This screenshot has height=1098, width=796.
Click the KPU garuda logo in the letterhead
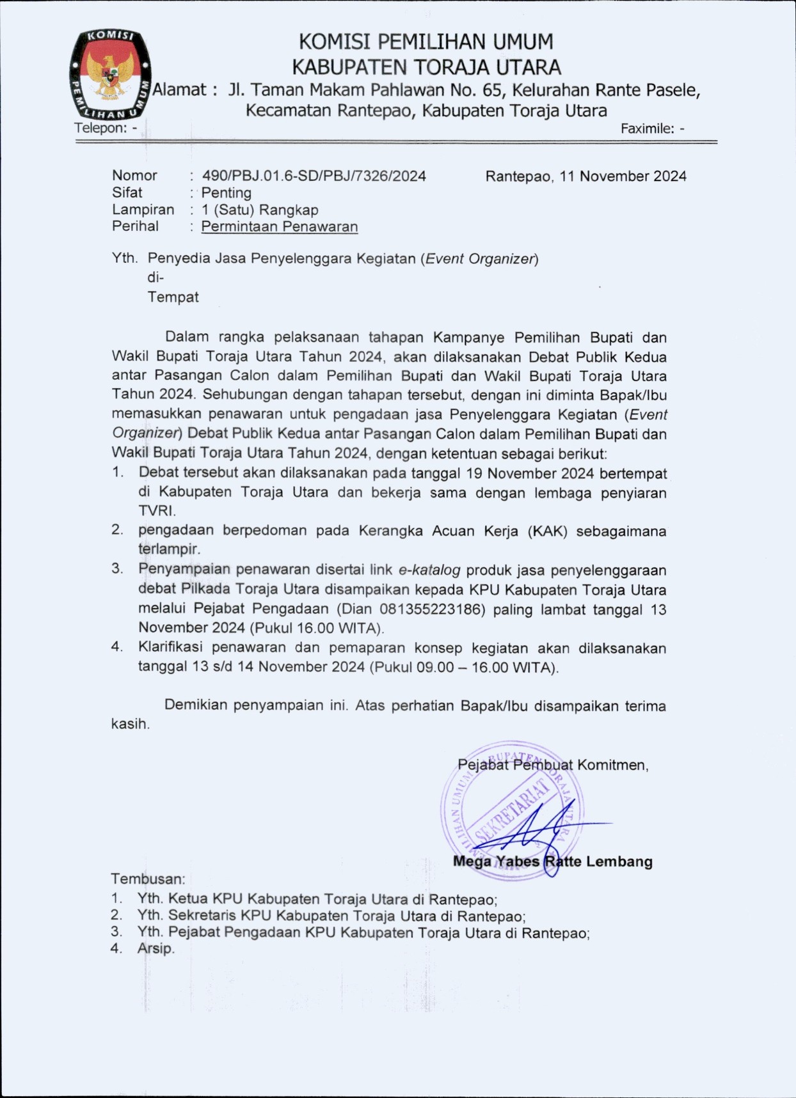point(110,74)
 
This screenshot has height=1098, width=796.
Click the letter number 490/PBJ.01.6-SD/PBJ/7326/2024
point(314,176)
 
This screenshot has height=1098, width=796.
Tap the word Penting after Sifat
point(226,192)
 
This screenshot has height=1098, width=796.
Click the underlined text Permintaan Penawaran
point(279,226)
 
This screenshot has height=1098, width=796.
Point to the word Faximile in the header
point(648,129)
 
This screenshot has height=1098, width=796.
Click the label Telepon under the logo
point(100,128)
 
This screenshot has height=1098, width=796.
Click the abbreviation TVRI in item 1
point(156,511)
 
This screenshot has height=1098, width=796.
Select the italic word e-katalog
point(429,570)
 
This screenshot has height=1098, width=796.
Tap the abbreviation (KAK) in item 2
point(547,531)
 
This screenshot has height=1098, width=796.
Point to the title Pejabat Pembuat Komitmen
point(553,765)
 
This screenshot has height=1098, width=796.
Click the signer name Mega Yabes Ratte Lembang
point(552,861)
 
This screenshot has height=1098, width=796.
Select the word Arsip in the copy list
point(155,948)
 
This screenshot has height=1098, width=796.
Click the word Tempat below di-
point(173,297)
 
